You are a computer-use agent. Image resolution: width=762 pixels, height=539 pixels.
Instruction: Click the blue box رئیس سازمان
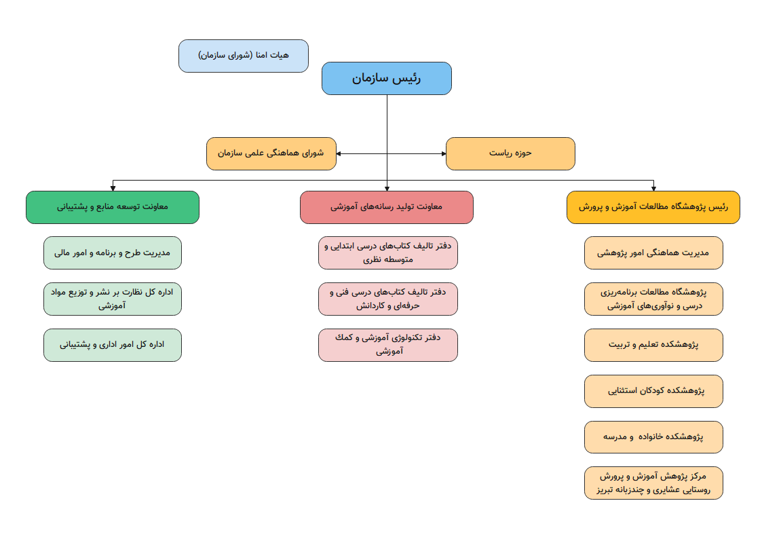point(386,78)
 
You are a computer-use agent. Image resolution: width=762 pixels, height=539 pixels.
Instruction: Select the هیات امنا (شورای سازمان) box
point(243,56)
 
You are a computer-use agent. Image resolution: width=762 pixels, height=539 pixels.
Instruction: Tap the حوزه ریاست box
point(510,153)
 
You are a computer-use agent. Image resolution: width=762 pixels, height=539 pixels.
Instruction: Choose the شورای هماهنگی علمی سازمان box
point(271,153)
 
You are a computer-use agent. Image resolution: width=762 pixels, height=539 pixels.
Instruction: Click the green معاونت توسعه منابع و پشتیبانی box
point(113,207)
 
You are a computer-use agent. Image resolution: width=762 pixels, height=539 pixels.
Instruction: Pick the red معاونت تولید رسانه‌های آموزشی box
point(386,207)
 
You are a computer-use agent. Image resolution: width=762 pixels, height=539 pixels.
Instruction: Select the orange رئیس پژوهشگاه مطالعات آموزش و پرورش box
point(653,207)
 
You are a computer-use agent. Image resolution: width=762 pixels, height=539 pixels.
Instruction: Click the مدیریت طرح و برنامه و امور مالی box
point(113,253)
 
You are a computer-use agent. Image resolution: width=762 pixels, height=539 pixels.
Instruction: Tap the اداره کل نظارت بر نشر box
point(113,299)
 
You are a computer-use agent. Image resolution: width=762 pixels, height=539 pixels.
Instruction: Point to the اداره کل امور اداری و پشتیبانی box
point(113,345)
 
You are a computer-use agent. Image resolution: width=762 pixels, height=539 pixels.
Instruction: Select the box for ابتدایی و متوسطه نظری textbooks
point(388,253)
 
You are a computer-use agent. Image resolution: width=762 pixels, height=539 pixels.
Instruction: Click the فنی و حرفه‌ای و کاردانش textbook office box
point(388,299)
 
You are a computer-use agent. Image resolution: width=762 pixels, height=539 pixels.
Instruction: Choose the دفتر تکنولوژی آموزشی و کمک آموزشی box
point(388,345)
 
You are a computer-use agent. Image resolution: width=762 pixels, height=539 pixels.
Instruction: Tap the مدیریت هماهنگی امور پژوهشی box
point(653,253)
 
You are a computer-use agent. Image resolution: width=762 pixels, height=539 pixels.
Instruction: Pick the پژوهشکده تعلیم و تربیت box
point(653,345)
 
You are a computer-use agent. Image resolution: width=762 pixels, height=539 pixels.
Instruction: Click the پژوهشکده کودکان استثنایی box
point(653,391)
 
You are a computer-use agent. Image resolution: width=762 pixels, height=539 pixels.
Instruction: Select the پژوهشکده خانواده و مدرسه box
point(653,437)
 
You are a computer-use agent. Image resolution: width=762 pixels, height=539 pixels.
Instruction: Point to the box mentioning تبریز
point(653,483)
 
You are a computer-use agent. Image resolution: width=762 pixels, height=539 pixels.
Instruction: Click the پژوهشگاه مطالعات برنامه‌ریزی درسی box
point(653,299)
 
